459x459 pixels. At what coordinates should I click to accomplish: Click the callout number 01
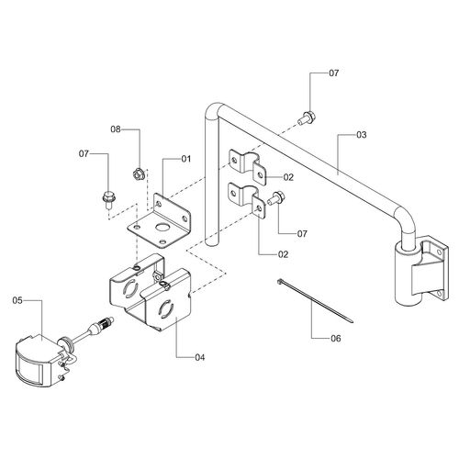tap(186, 159)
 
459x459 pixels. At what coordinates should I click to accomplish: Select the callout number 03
tap(362, 135)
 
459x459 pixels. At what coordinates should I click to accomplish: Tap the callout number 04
tap(200, 357)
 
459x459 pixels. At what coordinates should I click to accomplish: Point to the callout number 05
tap(17, 300)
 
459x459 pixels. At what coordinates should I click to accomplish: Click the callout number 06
tap(336, 338)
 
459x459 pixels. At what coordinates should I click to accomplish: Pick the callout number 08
tap(116, 129)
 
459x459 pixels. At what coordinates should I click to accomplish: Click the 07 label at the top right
tap(334, 73)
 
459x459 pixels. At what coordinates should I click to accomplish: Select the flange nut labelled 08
tap(138, 174)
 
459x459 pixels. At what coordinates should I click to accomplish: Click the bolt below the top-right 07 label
tap(307, 118)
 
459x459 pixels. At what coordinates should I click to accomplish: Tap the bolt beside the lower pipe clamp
tap(276, 197)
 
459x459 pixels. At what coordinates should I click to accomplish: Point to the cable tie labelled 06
tap(315, 301)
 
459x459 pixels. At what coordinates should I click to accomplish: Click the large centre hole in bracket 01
tap(162, 228)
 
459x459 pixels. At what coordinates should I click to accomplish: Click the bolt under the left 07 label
tap(107, 199)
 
